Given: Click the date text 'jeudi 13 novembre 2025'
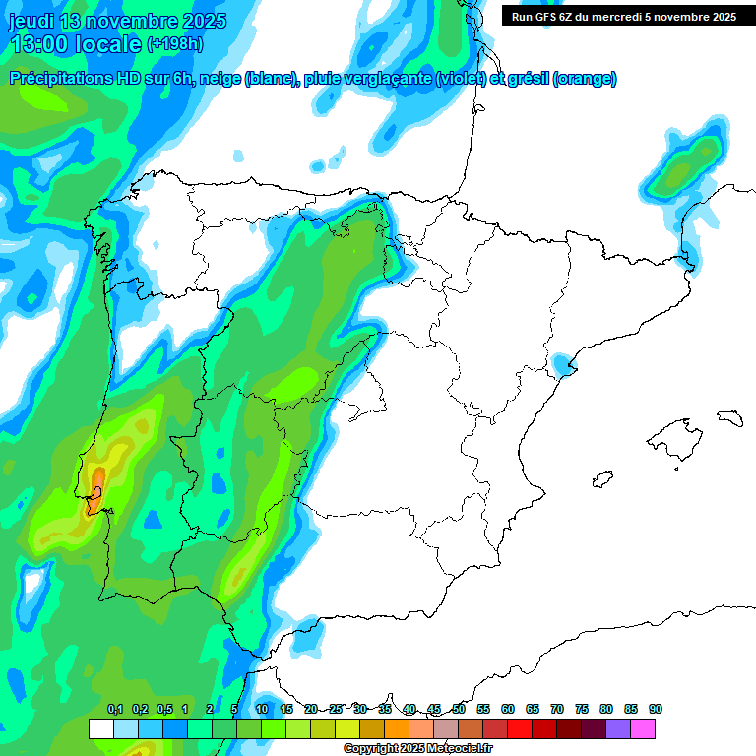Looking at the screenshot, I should tap(117, 21).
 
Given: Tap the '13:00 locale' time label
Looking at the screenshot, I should tap(75, 44).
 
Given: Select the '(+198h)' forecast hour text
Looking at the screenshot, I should tap(174, 44).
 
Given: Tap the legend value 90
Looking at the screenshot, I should tap(656, 709).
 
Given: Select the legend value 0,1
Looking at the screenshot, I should tap(114, 709).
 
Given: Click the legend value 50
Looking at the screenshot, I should tap(459, 709).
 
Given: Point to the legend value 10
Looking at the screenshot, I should tap(262, 709).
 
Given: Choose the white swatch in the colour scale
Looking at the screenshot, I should tap(100, 728).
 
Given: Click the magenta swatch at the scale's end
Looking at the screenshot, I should tap(643, 728).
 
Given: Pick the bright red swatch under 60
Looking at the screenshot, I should tap(520, 728).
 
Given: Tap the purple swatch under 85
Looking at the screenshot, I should tap(618, 728).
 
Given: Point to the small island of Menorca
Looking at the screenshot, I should tap(728, 417).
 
